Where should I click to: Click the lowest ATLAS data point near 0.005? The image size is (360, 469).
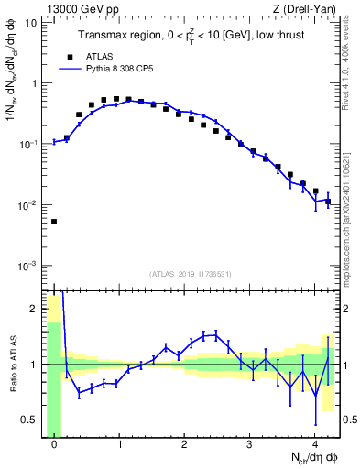(x=54, y=222)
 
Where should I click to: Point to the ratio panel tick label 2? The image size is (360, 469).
(x=34, y=309)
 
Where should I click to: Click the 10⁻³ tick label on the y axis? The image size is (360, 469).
(x=27, y=266)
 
